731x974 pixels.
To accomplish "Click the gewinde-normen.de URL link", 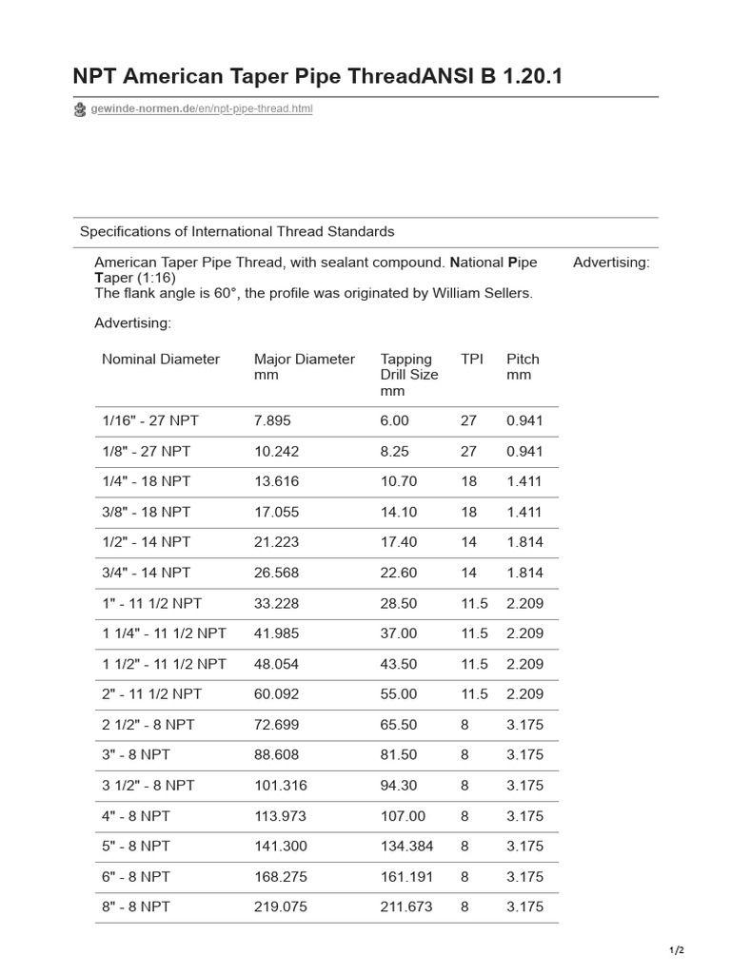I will tap(201, 109).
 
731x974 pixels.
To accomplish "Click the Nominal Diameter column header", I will tap(161, 360).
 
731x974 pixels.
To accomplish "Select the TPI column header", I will tap(472, 360).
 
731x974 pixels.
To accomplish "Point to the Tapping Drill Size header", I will tap(409, 375).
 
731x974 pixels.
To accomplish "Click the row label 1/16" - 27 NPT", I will tap(150, 420).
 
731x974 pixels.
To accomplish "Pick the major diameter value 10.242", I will tap(276, 451).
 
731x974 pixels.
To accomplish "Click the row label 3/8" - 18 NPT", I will tap(147, 512).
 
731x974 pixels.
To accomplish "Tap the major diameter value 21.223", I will tap(276, 542).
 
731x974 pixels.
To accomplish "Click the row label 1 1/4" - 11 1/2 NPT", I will tap(164, 633).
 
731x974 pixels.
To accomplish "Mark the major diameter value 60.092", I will tap(276, 694).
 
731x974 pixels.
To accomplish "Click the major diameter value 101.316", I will tap(280, 786).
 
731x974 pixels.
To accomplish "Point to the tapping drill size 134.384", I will tap(406, 847).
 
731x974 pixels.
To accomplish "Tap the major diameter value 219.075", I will tap(280, 907).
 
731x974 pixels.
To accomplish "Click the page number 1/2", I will tap(677, 950).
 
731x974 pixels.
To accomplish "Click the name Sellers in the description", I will tap(507, 293).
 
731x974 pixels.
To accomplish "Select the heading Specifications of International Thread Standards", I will tap(237, 231).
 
